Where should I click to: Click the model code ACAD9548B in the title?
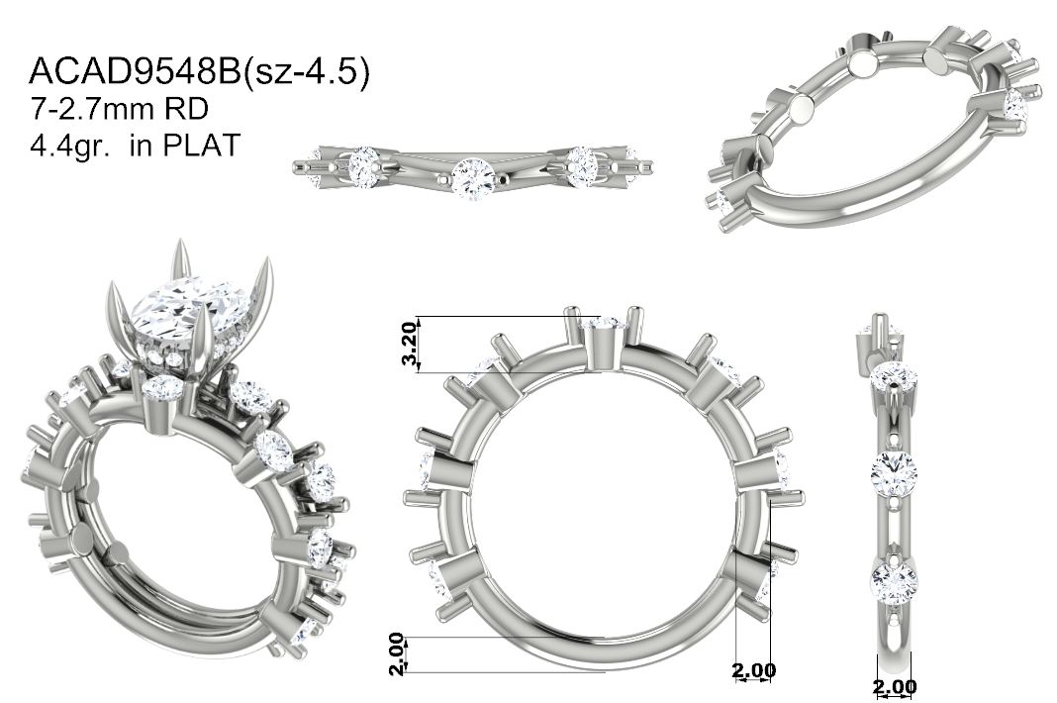tap(135, 72)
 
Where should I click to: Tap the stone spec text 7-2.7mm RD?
tap(120, 109)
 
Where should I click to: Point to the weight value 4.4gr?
tap(70, 146)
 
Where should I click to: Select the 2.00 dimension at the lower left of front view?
tap(397, 653)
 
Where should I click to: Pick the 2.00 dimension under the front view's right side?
tap(753, 670)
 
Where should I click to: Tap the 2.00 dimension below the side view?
tap(895, 687)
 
